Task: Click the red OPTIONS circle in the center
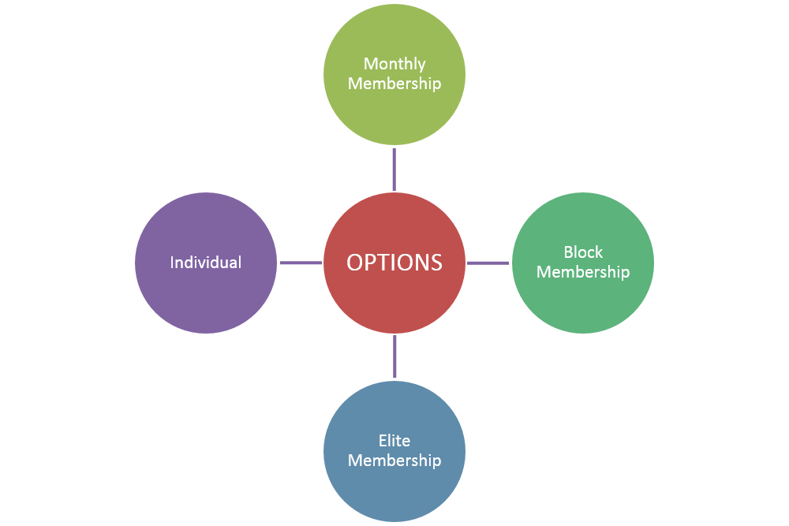pyautogui.click(x=394, y=263)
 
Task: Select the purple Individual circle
pyautogui.click(x=206, y=263)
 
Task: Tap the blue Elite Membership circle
pyautogui.click(x=394, y=451)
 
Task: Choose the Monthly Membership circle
pyautogui.click(x=394, y=74)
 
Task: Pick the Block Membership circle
pyautogui.click(x=583, y=263)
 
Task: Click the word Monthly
pyautogui.click(x=394, y=65)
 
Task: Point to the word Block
pyautogui.click(x=583, y=252)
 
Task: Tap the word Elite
pyautogui.click(x=394, y=441)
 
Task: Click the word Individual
pyautogui.click(x=206, y=262)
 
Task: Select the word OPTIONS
pyautogui.click(x=394, y=263)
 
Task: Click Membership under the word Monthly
pyautogui.click(x=394, y=84)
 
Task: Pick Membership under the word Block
pyautogui.click(x=583, y=272)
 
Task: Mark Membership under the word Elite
pyautogui.click(x=394, y=461)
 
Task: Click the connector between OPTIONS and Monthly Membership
pyautogui.click(x=394, y=170)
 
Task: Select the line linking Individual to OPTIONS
pyautogui.click(x=301, y=263)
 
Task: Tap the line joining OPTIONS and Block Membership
pyautogui.click(x=488, y=263)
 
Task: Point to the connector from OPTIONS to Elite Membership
pyautogui.click(x=394, y=356)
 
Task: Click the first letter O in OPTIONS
pyautogui.click(x=355, y=263)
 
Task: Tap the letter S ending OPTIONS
pyautogui.click(x=436, y=263)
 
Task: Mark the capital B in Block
pyautogui.click(x=568, y=252)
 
